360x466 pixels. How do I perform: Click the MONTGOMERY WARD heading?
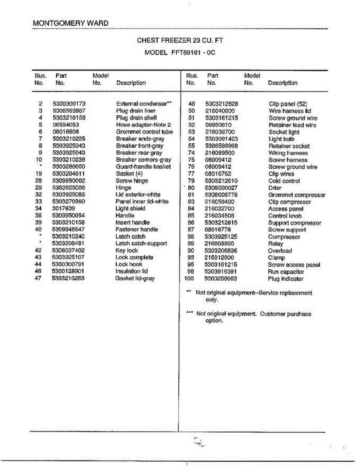71,23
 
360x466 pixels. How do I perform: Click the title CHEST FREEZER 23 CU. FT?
180,40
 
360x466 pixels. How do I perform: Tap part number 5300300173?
69,104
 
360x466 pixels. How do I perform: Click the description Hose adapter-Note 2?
143,125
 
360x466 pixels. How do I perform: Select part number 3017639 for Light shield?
63,209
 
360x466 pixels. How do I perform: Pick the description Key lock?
127,250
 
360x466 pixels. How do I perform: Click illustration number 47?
38,278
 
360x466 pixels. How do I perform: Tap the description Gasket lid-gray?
135,278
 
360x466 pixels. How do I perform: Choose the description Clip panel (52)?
288,104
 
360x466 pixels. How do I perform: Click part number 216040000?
220,111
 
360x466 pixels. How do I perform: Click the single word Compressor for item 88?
284,237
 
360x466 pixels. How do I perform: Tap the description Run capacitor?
286,272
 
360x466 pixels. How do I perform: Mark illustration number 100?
189,279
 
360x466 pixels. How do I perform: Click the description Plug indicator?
285,279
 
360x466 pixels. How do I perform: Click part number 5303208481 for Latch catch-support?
68,243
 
